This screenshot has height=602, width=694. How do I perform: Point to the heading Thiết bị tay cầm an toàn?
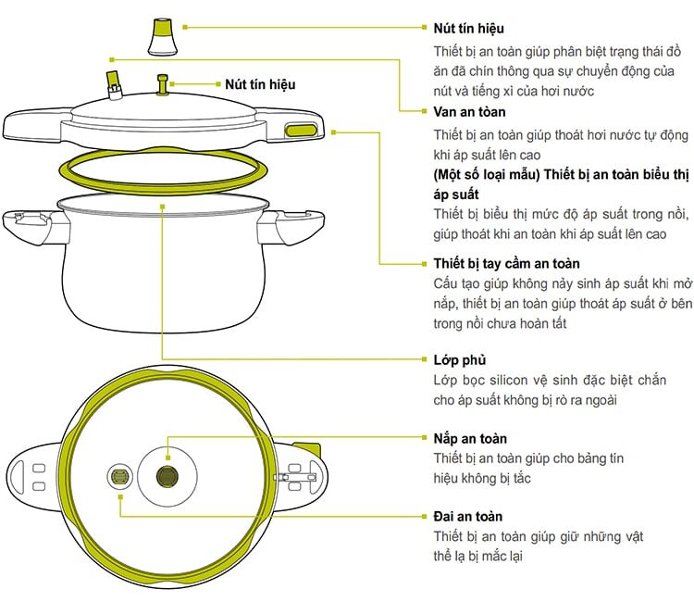pos(506,263)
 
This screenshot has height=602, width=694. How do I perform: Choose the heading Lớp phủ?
pos(459,359)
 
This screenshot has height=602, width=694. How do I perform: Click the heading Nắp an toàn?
pos(470,438)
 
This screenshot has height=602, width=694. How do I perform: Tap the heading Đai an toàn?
pos(468,516)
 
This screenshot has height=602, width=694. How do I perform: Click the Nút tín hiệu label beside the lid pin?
pos(260,84)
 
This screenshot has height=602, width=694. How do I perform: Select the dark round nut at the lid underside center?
pos(167,476)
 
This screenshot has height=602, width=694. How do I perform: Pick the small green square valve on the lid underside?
pos(119,477)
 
